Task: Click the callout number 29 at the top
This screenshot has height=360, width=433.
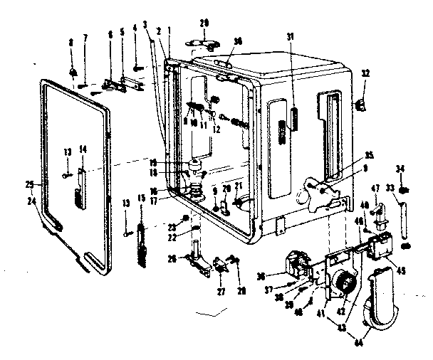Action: [205, 25]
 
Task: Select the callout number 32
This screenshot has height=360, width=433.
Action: [366, 73]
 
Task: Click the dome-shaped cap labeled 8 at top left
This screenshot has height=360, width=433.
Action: [74, 71]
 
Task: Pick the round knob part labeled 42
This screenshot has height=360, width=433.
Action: [345, 285]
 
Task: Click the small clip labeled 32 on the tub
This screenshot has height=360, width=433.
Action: [361, 104]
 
